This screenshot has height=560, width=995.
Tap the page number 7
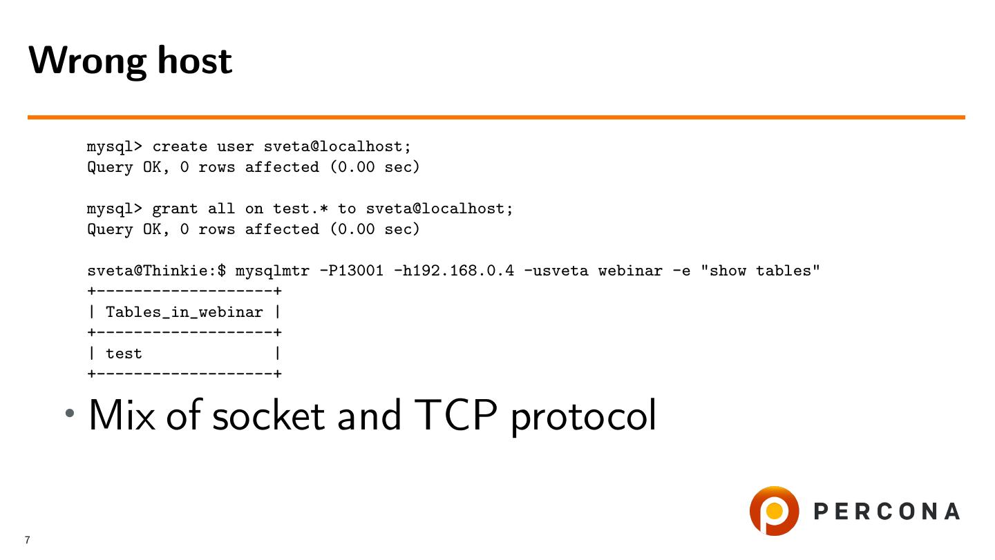(x=28, y=540)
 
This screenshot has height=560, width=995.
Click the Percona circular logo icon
(x=774, y=511)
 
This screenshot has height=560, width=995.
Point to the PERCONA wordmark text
(x=887, y=512)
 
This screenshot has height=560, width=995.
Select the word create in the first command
(x=180, y=146)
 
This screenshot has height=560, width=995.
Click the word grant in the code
(x=175, y=209)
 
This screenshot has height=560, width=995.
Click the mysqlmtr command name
(x=272, y=271)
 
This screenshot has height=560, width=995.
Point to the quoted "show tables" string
(x=760, y=271)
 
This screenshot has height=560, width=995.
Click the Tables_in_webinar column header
(x=184, y=312)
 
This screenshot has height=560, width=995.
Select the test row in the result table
(x=124, y=354)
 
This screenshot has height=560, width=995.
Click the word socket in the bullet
(x=268, y=416)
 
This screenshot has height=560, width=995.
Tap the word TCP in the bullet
(x=455, y=416)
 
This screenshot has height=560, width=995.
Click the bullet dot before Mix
(x=70, y=414)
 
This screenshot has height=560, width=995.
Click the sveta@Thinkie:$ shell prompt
(x=156, y=271)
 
